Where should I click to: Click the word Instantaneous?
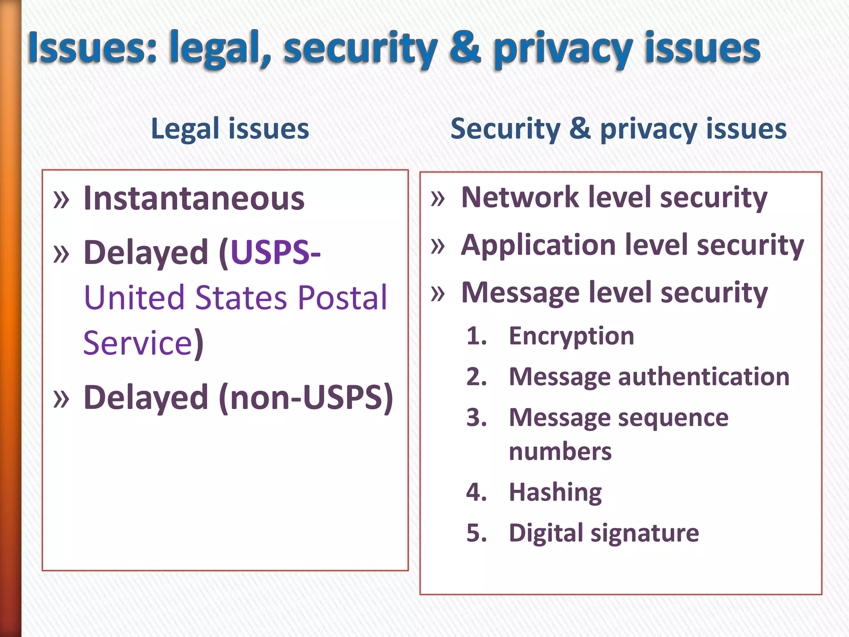pyautogui.click(x=194, y=199)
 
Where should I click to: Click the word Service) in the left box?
pyautogui.click(x=143, y=343)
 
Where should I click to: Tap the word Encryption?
pyautogui.click(x=571, y=336)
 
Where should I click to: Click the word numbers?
pyautogui.click(x=560, y=451)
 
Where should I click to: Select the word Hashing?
pyautogui.click(x=555, y=492)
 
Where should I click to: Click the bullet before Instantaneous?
pyautogui.click(x=61, y=199)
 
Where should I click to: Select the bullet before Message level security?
pyautogui.click(x=438, y=293)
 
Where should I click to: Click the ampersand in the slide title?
pyautogui.click(x=465, y=49)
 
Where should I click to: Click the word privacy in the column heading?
pyautogui.click(x=648, y=129)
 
